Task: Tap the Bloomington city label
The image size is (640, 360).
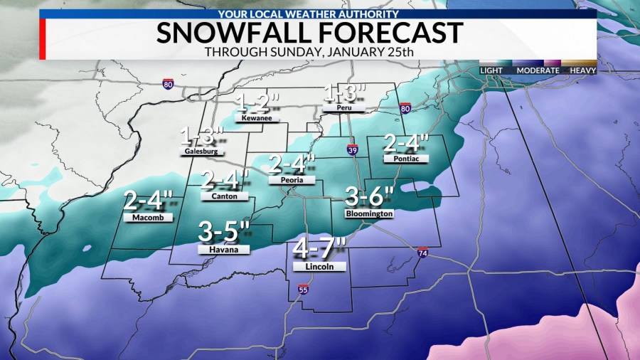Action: [368, 213]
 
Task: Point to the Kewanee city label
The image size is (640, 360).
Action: [254, 119]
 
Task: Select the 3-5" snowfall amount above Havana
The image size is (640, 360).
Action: [224, 231]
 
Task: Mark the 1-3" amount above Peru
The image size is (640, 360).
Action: [345, 92]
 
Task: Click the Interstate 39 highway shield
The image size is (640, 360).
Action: [352, 149]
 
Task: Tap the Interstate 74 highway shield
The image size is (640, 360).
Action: [422, 253]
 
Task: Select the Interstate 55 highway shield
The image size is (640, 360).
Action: [304, 290]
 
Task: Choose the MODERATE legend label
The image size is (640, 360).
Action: [537, 70]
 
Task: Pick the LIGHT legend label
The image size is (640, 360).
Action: [491, 70]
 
